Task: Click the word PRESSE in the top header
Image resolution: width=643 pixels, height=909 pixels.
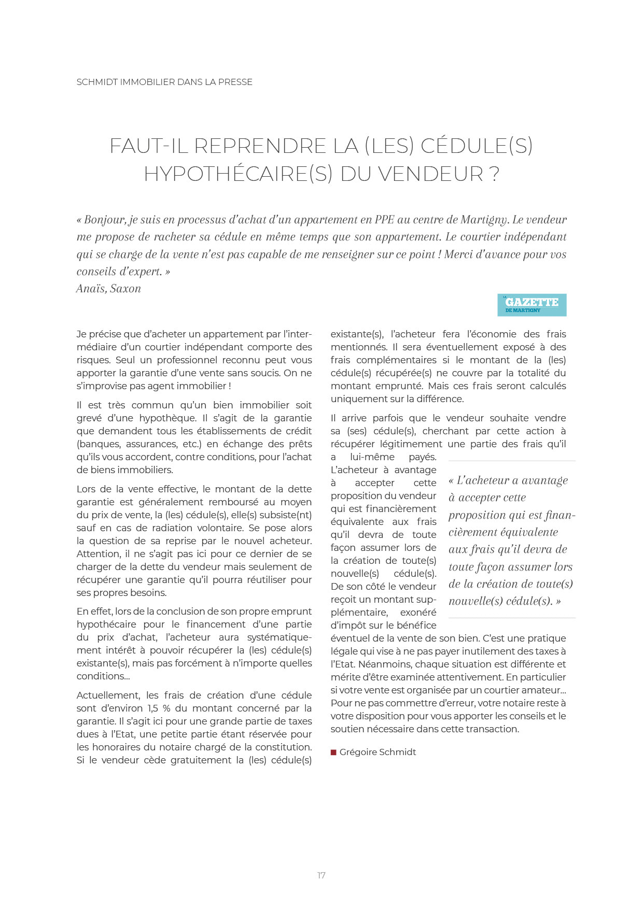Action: click(235, 82)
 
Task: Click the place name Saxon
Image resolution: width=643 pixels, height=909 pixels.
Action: click(125, 289)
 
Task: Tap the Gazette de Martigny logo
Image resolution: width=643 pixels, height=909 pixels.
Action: click(532, 305)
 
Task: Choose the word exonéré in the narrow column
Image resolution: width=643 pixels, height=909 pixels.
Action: click(418, 613)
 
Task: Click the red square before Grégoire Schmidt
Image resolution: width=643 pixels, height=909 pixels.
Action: click(333, 752)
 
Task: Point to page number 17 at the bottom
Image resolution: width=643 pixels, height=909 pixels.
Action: click(321, 875)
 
